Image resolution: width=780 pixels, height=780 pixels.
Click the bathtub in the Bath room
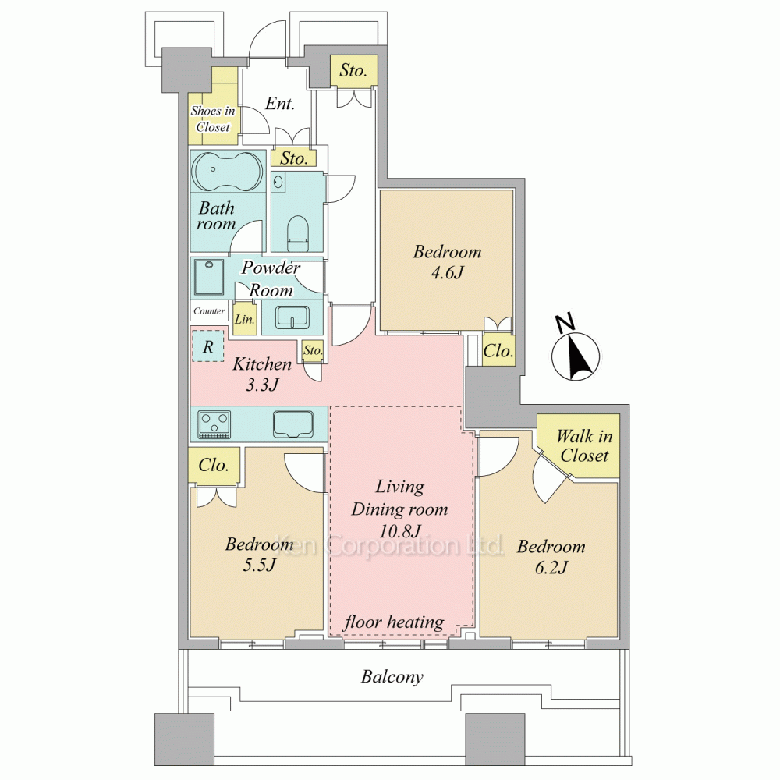tap(228, 172)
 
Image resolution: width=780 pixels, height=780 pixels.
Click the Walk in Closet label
tap(584, 445)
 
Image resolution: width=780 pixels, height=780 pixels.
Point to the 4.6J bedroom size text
tap(448, 273)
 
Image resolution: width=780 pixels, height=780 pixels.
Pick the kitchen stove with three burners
tap(214, 424)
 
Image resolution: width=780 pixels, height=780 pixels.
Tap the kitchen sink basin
tap(293, 424)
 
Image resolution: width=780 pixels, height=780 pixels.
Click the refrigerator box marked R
tap(208, 346)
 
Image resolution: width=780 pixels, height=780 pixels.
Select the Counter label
tap(209, 311)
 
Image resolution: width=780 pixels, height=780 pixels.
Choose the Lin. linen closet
tap(245, 318)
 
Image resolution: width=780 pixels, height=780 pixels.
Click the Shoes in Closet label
tap(213, 119)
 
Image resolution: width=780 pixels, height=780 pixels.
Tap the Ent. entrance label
tap(279, 104)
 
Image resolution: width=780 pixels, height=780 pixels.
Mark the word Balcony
tap(392, 676)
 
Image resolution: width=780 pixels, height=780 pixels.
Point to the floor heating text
tap(395, 622)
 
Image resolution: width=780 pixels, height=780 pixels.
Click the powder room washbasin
tap(292, 317)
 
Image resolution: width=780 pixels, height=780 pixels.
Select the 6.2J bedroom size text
tap(551, 568)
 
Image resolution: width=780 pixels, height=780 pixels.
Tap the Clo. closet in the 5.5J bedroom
tap(214, 465)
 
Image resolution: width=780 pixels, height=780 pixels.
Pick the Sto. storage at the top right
tap(353, 71)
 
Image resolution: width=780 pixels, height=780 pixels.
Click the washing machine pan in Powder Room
tap(209, 277)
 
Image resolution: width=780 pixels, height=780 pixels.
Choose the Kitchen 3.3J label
tap(262, 374)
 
